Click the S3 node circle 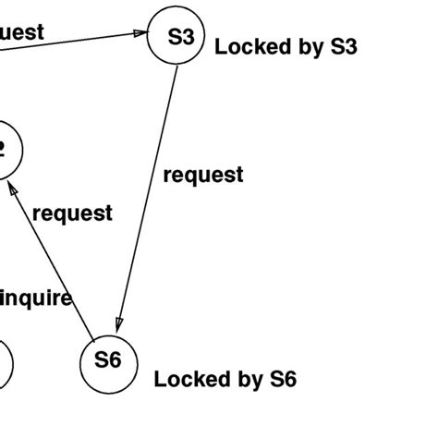[x=176, y=39]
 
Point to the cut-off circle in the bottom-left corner [x=5, y=365]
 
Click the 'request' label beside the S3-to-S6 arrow [x=203, y=176]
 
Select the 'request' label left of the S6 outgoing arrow [x=72, y=213]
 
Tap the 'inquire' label [x=37, y=298]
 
